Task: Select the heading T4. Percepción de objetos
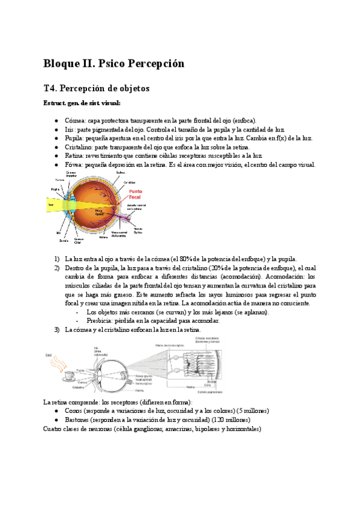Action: pyautogui.click(x=96, y=88)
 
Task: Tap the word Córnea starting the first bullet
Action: pyautogui.click(x=74, y=121)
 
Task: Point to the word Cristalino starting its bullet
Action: pyautogui.click(x=78, y=147)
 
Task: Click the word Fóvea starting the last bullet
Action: pyautogui.click(x=74, y=164)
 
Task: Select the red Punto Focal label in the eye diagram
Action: pyautogui.click(x=136, y=194)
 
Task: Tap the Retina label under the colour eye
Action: pyautogui.click(x=103, y=237)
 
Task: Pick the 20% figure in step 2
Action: pyautogui.click(x=211, y=268)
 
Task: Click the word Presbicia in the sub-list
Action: pyautogui.click(x=101, y=321)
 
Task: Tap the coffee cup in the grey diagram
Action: pyautogui.click(x=69, y=376)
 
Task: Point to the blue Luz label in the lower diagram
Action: pyautogui.click(x=49, y=355)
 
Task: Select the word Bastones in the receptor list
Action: pyautogui.click(x=78, y=420)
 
